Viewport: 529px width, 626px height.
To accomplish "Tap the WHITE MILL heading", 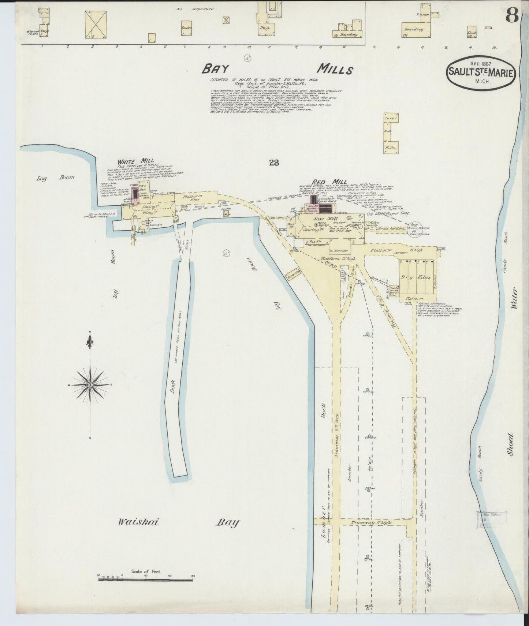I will pyautogui.click(x=130, y=161).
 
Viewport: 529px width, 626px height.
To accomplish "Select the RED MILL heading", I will pyautogui.click(x=325, y=182).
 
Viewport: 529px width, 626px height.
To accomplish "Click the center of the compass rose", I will pyautogui.click(x=90, y=385).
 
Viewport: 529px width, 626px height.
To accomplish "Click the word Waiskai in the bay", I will pyautogui.click(x=138, y=522).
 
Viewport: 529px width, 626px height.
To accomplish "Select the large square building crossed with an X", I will pyautogui.click(x=97, y=24).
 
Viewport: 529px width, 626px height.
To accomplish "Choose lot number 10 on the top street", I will pyautogui.click(x=249, y=47).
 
